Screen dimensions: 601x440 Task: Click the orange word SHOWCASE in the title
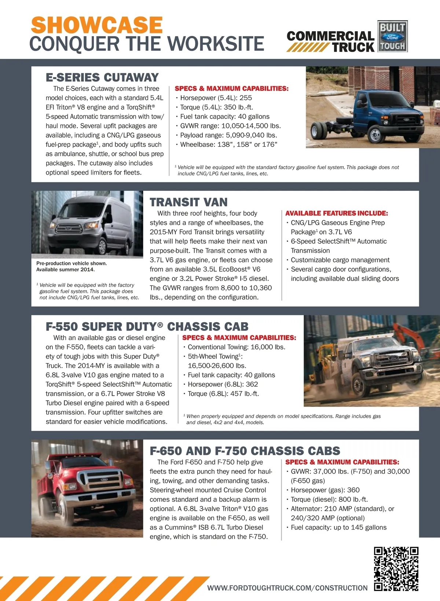[97, 25]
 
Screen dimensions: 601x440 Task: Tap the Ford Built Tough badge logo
[392, 36]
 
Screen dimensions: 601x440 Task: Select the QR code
[396, 569]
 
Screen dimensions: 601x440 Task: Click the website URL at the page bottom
[287, 588]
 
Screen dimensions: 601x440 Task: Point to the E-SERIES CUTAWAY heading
[102, 77]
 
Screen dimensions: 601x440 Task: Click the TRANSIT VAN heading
[188, 202]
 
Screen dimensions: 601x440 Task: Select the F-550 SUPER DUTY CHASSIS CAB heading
[147, 327]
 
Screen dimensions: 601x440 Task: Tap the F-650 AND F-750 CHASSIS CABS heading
[245, 451]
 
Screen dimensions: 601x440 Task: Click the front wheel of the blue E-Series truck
[375, 134]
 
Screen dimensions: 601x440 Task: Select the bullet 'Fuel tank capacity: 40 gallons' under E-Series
[225, 117]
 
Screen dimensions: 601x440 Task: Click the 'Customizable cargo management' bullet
[340, 260]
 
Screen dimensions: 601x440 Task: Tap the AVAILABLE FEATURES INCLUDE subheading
[336, 213]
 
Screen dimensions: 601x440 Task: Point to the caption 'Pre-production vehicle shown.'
[71, 263]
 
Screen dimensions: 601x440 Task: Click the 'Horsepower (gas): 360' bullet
[325, 490]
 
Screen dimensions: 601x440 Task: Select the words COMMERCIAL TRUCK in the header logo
[330, 41]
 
